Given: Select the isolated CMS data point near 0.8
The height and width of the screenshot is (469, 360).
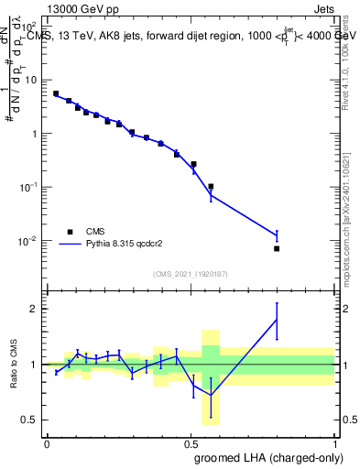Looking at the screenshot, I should click(276, 248).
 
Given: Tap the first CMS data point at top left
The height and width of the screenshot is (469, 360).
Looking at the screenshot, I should click(56, 93).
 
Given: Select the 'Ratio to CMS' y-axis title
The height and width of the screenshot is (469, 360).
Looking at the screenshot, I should click(14, 365).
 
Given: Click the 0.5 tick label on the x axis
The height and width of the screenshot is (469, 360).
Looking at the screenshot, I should click(190, 444).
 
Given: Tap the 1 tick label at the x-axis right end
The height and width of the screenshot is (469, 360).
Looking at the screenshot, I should click(333, 444).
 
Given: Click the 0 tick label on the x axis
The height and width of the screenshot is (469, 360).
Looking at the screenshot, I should click(47, 444).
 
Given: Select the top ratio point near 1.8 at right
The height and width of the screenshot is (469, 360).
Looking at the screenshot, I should click(276, 319).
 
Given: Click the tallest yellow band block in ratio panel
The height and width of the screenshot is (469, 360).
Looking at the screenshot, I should click(211, 376).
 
